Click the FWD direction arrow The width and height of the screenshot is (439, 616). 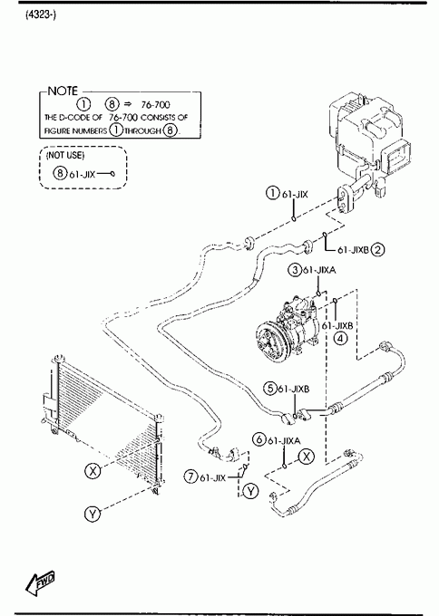point(40,582)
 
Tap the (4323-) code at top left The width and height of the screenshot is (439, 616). point(41,15)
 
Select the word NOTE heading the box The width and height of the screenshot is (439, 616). point(63,91)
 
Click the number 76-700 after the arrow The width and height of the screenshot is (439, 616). point(155,104)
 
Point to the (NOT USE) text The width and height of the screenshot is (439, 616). point(65,155)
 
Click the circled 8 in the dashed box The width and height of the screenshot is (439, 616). point(60,172)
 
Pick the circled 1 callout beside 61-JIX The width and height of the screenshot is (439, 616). point(272,193)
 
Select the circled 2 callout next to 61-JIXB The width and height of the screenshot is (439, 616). point(377,249)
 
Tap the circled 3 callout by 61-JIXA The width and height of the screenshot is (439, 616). point(295,270)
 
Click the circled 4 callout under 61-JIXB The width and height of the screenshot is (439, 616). point(341,338)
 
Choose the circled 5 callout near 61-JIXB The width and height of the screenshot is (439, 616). point(270,388)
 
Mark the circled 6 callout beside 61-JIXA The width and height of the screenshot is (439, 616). point(259,438)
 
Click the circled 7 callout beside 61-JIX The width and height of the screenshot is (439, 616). point(190,476)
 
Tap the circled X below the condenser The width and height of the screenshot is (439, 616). point(93,470)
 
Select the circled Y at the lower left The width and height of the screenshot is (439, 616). point(93,514)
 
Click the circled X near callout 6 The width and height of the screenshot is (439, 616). point(307,457)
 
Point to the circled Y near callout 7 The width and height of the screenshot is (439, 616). point(250,491)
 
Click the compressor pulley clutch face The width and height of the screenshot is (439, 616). point(271,342)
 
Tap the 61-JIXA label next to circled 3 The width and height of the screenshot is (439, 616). point(319,270)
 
